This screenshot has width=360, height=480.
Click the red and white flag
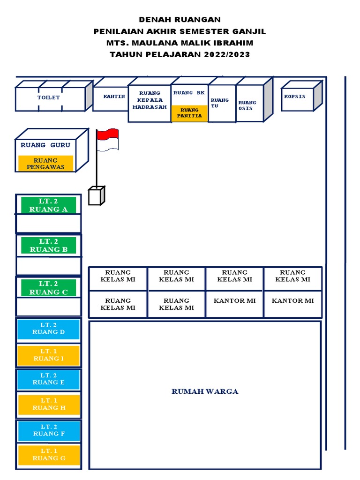(107, 140)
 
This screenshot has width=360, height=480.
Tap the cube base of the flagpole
(95, 196)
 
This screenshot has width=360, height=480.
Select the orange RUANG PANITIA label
(190, 113)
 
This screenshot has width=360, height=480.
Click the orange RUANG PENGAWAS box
(45, 164)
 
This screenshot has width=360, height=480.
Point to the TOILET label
(49, 97)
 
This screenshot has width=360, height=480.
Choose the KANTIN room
(113, 97)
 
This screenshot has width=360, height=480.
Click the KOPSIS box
(295, 97)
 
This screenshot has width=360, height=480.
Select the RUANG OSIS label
(247, 105)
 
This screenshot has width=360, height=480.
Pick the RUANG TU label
(220, 103)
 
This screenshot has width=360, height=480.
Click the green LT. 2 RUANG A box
(48, 205)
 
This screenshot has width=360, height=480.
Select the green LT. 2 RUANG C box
(48, 288)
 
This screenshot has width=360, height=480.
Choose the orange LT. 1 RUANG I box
(48, 355)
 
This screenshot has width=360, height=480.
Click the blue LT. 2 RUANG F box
(48, 430)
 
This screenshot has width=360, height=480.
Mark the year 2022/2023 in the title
(226, 54)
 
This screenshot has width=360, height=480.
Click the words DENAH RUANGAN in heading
(180, 20)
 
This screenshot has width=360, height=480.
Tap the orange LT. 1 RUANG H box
(48, 405)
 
